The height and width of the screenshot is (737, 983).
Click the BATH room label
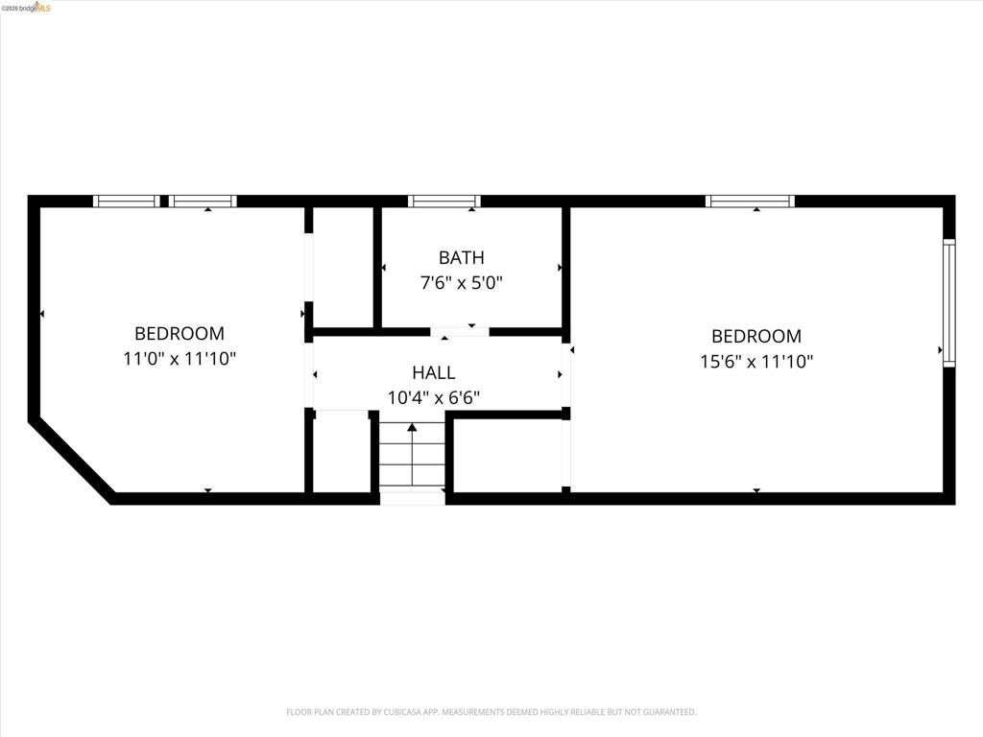pyautogui.click(x=462, y=257)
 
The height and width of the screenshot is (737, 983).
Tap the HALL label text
pyautogui.click(x=434, y=373)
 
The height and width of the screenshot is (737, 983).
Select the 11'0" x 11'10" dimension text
pyautogui.click(x=180, y=359)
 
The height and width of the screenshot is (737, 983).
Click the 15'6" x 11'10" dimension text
pyautogui.click(x=756, y=361)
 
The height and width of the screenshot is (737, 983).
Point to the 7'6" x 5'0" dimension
pyautogui.click(x=462, y=283)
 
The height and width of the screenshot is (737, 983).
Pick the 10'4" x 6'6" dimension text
pyautogui.click(x=434, y=397)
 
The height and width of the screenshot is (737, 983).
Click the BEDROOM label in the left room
pyautogui.click(x=180, y=333)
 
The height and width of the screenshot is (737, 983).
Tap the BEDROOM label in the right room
pyautogui.click(x=756, y=337)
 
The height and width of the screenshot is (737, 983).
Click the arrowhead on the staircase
pyautogui.click(x=412, y=427)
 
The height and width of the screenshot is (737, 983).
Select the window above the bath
pyautogui.click(x=444, y=202)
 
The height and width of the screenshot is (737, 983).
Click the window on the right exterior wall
pyautogui.click(x=949, y=302)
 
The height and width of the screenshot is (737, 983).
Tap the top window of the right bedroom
pyautogui.click(x=750, y=202)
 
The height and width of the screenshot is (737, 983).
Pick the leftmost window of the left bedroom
pyautogui.click(x=127, y=202)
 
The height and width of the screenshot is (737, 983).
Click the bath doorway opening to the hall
pyautogui.click(x=460, y=331)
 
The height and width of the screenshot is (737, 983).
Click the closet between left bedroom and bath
pyautogui.click(x=343, y=267)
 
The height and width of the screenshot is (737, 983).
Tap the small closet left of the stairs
pyautogui.click(x=341, y=451)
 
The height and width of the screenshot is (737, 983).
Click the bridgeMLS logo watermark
pyautogui.click(x=26, y=8)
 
